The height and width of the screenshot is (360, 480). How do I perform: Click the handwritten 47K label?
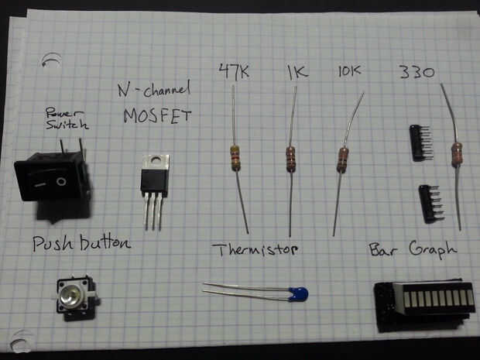coord(234,71)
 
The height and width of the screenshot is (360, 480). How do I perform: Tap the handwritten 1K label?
coord(297,72)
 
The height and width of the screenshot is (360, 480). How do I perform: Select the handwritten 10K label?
coord(350,70)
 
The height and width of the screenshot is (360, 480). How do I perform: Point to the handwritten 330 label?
coord(417,72)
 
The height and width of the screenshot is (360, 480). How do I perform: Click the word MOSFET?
coord(157,116)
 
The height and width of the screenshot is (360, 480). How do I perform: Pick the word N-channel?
coord(154,89)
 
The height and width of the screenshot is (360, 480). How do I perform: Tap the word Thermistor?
coord(255,249)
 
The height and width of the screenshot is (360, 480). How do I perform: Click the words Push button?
coord(82,243)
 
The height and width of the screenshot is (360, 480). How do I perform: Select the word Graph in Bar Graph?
coord(433,249)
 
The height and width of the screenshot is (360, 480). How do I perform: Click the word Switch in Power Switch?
coord(67,125)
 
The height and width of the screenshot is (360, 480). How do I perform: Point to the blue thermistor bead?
coord(298,294)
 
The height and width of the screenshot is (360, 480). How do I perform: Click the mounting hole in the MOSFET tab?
coord(156,159)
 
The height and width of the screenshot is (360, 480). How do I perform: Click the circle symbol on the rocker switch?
coord(61,181)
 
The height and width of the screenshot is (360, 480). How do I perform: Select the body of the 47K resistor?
coord(235,158)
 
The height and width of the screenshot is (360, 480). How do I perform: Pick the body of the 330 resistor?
coord(457,155)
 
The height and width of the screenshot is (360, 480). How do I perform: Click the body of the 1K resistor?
coord(291,159)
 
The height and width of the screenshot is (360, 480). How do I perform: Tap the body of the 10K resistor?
coord(342,160)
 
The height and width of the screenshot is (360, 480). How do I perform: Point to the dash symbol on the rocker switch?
coord(39,185)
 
